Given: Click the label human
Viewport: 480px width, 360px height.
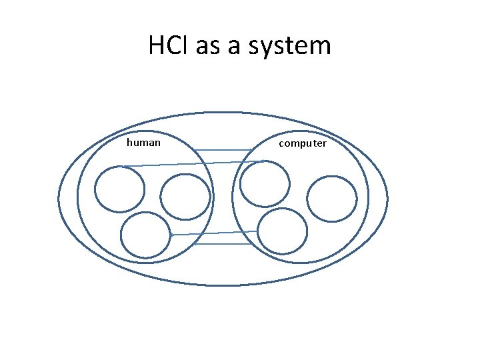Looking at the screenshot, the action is click(143, 142).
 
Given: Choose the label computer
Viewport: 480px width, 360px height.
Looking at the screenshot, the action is click(303, 143).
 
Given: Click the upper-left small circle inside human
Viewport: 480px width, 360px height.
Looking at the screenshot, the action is click(119, 189).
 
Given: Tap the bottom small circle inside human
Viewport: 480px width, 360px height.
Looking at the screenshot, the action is click(145, 235).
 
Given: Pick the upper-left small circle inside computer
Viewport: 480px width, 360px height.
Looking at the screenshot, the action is click(265, 183).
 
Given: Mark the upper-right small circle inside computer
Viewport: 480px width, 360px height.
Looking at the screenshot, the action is click(331, 199).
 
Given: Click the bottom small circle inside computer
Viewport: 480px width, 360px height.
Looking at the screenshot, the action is click(282, 231).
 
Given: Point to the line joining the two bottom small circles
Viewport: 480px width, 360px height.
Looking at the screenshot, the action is click(213, 233).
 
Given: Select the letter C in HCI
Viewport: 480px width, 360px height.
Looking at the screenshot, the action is click(172, 46).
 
